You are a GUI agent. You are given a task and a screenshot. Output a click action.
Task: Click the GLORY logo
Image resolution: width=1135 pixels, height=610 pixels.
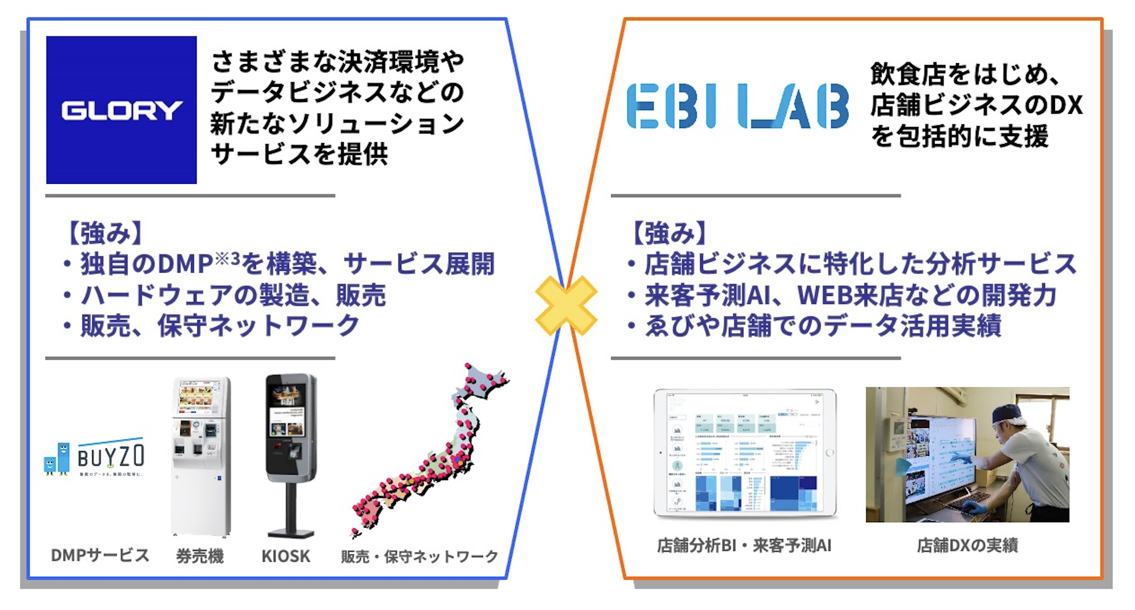click(121, 110)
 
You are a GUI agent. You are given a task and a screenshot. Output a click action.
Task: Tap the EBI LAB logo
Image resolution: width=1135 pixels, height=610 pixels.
click(737, 106)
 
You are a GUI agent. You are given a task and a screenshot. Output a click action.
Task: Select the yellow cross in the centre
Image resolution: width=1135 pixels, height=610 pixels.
click(566, 305)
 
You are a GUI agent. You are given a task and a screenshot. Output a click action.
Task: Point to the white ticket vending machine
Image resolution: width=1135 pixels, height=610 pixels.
click(201, 455)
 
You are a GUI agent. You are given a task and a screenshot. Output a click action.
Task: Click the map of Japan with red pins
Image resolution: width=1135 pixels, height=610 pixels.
click(430, 453)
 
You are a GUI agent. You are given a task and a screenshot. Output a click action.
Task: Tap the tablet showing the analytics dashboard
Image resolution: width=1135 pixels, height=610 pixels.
click(745, 453)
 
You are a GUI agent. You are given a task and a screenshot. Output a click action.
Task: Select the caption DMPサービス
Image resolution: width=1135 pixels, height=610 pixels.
click(100, 555)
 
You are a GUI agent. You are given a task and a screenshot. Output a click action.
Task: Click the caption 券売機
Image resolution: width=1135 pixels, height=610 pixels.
click(200, 556)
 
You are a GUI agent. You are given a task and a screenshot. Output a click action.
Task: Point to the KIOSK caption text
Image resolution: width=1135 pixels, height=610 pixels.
click(286, 556)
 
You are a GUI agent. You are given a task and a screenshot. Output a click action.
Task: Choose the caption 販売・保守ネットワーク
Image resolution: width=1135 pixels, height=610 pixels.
click(419, 556)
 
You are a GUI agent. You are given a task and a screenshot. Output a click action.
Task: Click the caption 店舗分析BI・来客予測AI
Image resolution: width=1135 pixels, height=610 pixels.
click(744, 545)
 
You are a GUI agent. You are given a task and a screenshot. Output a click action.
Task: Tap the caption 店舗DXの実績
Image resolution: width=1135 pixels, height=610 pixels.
click(967, 545)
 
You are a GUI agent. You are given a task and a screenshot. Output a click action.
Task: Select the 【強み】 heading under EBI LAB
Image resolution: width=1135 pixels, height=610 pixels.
click(669, 233)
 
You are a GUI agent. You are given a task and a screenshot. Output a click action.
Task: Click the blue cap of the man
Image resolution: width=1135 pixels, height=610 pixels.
click(1009, 415)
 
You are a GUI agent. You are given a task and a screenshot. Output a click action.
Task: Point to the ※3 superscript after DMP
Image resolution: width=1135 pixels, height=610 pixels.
click(227, 259)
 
